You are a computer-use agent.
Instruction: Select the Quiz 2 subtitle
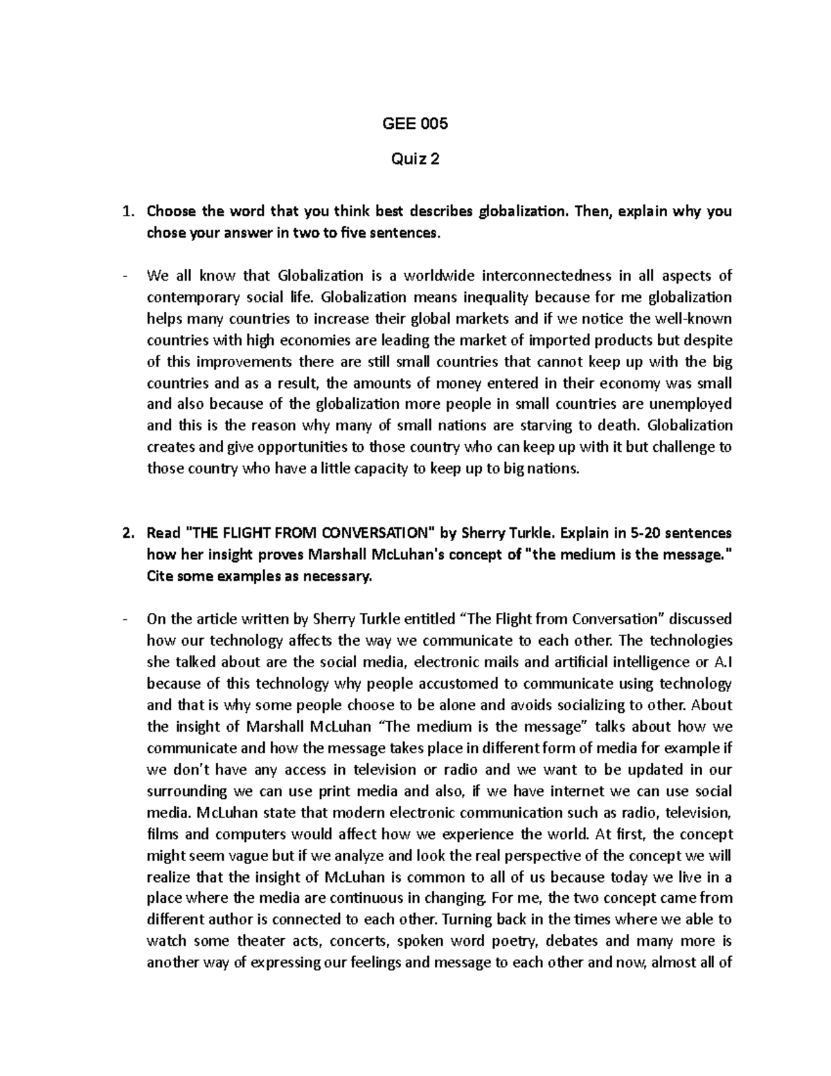tap(415, 160)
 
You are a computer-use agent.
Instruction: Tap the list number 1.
tap(127, 211)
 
